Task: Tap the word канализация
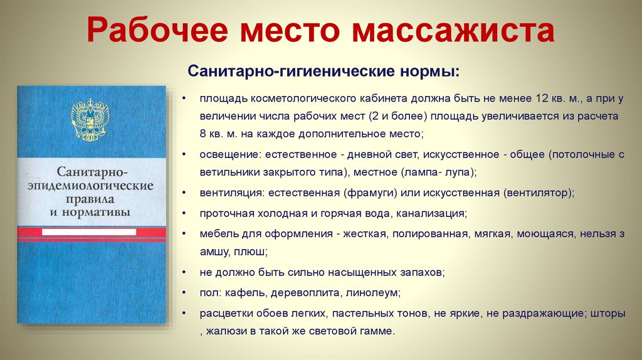(431, 213)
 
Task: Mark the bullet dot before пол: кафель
(182, 292)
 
